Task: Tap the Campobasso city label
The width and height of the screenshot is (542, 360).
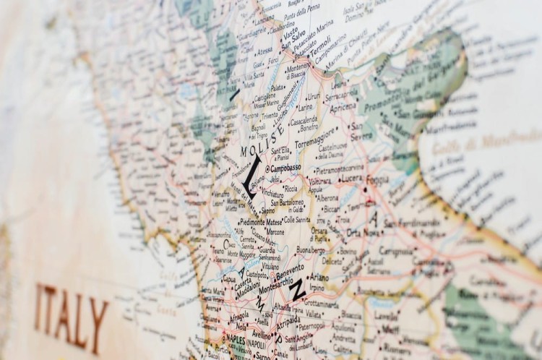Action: tap(285, 168)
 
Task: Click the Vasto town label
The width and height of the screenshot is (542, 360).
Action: tap(290, 33)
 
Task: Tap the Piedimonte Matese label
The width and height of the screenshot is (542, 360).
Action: tap(251, 222)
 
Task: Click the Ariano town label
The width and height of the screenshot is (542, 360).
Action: tap(319, 276)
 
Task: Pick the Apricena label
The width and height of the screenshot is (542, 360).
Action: tap(343, 106)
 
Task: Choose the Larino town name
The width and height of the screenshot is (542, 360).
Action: tap(306, 107)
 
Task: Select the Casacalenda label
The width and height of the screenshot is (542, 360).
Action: tap(304, 120)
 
